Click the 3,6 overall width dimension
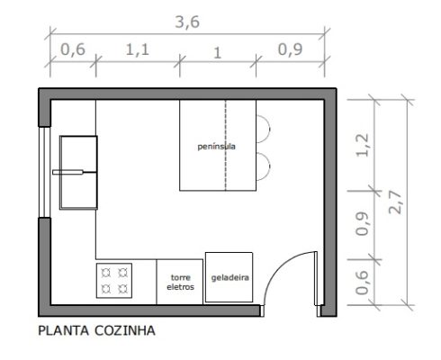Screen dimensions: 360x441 pyautogui.click(x=187, y=23)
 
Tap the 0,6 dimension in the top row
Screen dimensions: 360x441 pyautogui.click(x=72, y=51)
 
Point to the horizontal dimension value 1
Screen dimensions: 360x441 pyautogui.click(x=217, y=51)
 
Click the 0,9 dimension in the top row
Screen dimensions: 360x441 pyautogui.click(x=288, y=51)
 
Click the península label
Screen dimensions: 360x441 pyautogui.click(x=217, y=146)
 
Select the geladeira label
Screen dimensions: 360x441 pyautogui.click(x=229, y=278)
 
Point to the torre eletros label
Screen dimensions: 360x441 pyautogui.click(x=181, y=282)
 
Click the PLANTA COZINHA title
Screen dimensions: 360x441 pyautogui.click(x=96, y=330)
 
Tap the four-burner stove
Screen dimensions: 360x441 pyautogui.click(x=115, y=280)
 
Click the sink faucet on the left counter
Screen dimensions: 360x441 pyautogui.click(x=69, y=170)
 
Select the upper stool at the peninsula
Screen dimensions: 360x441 pyautogui.click(x=264, y=128)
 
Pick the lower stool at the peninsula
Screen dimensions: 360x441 pyautogui.click(x=264, y=165)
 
